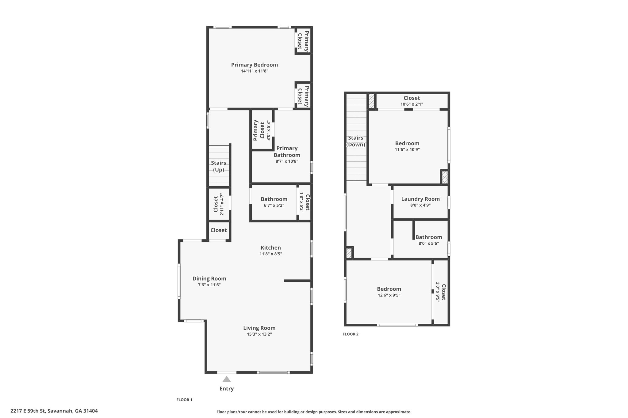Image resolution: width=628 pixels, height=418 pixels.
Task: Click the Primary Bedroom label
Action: tap(254, 65)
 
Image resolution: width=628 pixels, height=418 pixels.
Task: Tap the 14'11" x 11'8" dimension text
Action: tap(255, 71)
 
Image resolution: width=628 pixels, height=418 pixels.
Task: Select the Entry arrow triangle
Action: tap(227, 379)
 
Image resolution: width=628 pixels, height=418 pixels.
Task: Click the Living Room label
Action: tap(259, 328)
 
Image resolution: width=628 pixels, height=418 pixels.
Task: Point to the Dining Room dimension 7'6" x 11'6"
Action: tap(209, 285)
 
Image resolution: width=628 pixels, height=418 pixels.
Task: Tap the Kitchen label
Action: tap(271, 248)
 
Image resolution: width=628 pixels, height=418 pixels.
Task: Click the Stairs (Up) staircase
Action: tap(219, 166)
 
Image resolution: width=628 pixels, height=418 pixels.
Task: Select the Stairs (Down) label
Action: tap(356, 141)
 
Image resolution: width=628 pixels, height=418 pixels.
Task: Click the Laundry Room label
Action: tap(420, 199)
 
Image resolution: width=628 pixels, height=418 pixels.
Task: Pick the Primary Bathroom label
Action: tap(287, 152)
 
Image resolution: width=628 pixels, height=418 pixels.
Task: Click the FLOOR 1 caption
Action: tap(184, 400)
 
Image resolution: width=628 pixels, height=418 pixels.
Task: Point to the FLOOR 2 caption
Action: tap(350, 334)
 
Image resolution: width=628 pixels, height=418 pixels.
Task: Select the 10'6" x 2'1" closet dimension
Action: tap(412, 104)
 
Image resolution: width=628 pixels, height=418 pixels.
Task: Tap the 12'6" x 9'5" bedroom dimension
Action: tap(389, 295)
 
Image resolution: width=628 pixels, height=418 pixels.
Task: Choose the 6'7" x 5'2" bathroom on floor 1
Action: tap(274, 202)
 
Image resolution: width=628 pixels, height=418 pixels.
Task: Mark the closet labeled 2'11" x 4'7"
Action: tap(219, 204)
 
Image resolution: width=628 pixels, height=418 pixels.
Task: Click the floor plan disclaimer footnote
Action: tap(314, 412)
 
